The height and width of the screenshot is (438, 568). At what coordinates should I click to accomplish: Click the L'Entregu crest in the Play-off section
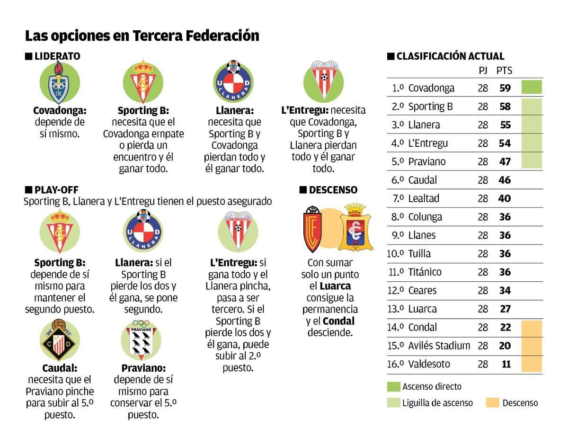tap(238, 231)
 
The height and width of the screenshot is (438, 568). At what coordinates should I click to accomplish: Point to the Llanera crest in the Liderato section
tap(233, 82)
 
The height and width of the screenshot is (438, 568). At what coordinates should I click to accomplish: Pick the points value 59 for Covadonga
tap(505, 88)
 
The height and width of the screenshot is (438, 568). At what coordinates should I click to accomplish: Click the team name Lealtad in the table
tap(423, 198)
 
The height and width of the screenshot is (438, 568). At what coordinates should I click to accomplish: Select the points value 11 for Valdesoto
tap(506, 365)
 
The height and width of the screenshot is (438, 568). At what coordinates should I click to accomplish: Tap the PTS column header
tap(504, 71)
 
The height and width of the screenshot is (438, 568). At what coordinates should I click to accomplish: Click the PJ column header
tap(483, 71)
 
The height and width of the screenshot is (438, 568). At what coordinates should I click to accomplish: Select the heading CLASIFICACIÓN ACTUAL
tap(450, 56)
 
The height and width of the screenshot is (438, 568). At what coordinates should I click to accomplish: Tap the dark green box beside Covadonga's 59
tap(531, 87)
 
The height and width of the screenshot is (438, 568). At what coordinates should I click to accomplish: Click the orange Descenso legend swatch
tap(492, 403)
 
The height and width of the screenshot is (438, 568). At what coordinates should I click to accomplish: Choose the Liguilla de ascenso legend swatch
tap(393, 403)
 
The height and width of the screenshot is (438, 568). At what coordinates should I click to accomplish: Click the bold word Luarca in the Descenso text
tap(335, 286)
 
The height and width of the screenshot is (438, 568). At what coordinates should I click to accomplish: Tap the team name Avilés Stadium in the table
tap(439, 346)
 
